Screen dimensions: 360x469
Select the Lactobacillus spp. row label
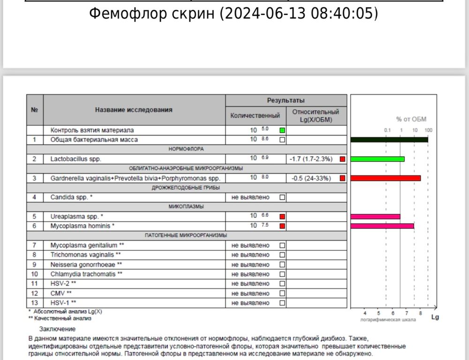pyautogui.click(x=76, y=159)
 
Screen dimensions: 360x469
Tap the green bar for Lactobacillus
pyautogui.click(x=377, y=159)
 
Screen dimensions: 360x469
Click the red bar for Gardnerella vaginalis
pyautogui.click(x=386, y=178)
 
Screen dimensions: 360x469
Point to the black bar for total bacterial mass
pyautogui.click(x=389, y=140)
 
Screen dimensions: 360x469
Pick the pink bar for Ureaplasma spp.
pyautogui.click(x=375, y=217)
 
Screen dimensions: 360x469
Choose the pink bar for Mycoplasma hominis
pyautogui.click(x=382, y=226)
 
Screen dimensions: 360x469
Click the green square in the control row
pyautogui.click(x=282, y=130)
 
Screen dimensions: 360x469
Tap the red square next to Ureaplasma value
pyautogui.click(x=282, y=217)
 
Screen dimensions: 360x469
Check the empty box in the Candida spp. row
pyautogui.click(x=282, y=197)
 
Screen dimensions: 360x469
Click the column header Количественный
pyautogui.click(x=255, y=115)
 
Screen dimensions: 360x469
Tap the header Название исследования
pyautogui.click(x=134, y=110)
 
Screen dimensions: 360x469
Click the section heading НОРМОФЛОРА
pyautogui.click(x=186, y=149)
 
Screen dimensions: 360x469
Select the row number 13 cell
pyautogui.click(x=34, y=303)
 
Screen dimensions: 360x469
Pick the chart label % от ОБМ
pyautogui.click(x=411, y=120)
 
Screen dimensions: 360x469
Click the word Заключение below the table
pyautogui.click(x=57, y=329)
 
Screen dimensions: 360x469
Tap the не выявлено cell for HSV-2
pyautogui.click(x=250, y=284)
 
